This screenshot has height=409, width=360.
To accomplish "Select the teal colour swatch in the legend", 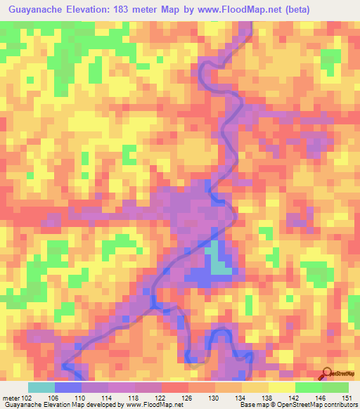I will [41, 388].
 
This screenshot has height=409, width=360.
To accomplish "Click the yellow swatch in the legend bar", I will [282, 388].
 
